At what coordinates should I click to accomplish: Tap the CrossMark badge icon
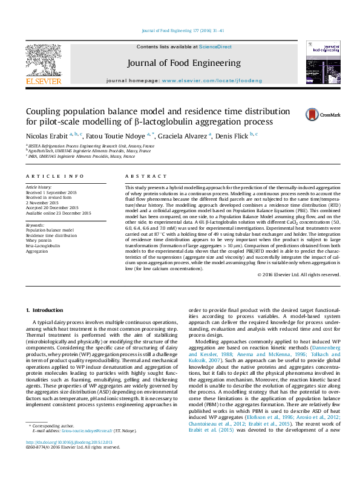pyautogui.click(x=313, y=115)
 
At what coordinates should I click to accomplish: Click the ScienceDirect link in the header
pyautogui.click(x=215, y=47)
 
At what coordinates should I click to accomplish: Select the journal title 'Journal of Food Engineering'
pyautogui.click(x=183, y=63)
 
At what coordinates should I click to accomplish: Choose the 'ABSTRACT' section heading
pyautogui.click(x=142, y=176)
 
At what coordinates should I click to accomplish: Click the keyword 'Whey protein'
pyautogui.click(x=38, y=241)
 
